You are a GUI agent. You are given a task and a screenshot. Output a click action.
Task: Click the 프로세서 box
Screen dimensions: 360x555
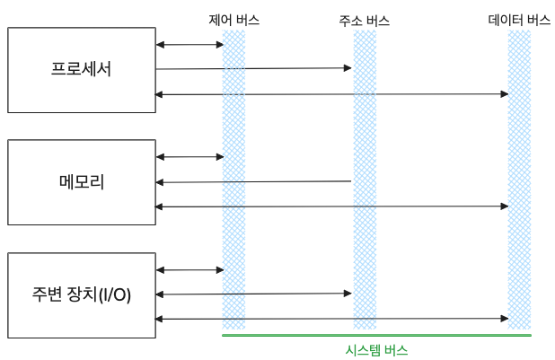click(x=81, y=69)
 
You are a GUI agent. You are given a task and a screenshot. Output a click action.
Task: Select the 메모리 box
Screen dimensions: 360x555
click(x=81, y=181)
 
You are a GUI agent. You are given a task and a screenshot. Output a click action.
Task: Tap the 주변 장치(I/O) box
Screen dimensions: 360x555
click(x=81, y=294)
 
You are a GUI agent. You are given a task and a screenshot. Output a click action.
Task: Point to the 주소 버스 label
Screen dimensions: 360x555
click(x=365, y=19)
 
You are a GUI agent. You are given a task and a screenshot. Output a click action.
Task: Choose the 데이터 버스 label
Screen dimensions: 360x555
click(x=519, y=19)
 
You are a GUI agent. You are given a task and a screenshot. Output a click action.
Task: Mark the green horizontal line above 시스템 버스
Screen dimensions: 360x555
click(x=376, y=335)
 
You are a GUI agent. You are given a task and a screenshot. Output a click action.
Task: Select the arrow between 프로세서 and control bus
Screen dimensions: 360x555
click(x=189, y=44)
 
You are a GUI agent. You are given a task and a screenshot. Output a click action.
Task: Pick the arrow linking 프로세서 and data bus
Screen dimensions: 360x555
click(x=332, y=93)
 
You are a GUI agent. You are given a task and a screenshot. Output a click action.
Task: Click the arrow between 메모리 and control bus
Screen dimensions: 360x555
click(x=189, y=157)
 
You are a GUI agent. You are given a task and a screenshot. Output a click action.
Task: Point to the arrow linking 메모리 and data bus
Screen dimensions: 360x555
click(x=332, y=206)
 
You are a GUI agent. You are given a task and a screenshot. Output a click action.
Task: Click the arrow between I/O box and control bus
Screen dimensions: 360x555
click(x=189, y=269)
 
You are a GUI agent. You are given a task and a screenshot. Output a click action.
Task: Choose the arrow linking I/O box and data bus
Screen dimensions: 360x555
click(x=332, y=319)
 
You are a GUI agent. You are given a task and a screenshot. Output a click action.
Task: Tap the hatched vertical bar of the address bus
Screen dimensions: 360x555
click(x=365, y=224)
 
